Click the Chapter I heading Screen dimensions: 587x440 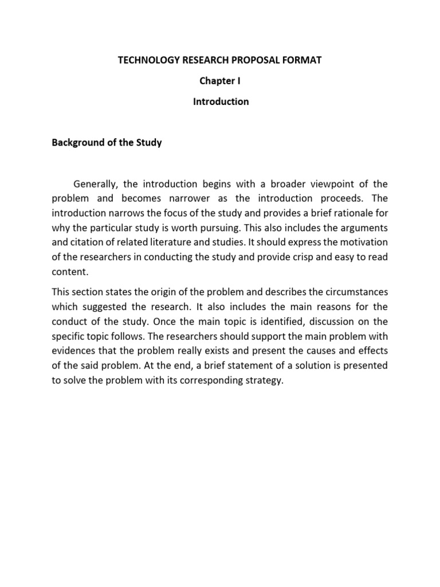click(x=220, y=81)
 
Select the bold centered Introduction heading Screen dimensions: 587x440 click(x=220, y=101)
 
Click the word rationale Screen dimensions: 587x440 click(x=356, y=213)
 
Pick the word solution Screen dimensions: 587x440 click(x=256, y=366)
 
